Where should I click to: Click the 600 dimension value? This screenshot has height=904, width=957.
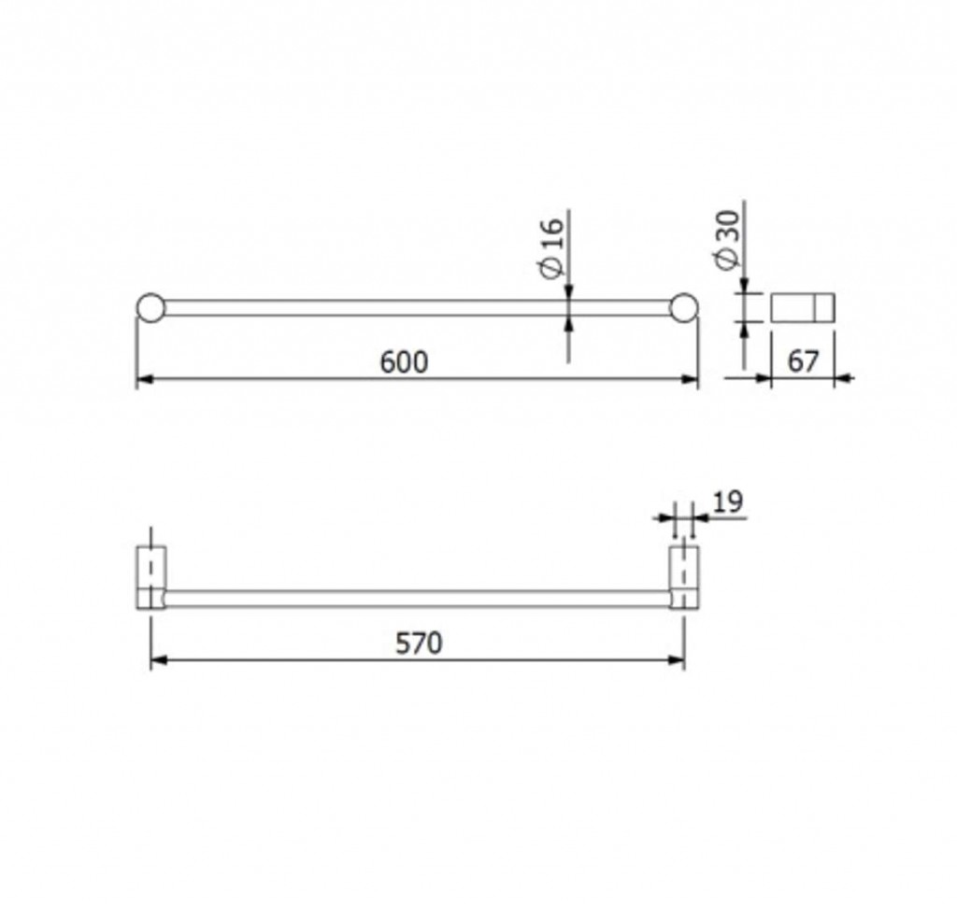point(404,361)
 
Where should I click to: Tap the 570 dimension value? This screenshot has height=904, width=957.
point(419,643)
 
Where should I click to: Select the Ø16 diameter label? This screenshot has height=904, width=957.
point(553,247)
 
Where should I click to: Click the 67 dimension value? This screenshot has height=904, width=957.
point(803,361)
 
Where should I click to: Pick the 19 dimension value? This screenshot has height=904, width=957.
point(728,502)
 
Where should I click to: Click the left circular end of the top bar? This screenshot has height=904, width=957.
point(150,307)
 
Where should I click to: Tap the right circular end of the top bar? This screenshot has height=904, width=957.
point(683,307)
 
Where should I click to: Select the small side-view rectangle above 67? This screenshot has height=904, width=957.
point(803,307)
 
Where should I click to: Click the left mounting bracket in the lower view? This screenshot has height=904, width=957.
point(150,577)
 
